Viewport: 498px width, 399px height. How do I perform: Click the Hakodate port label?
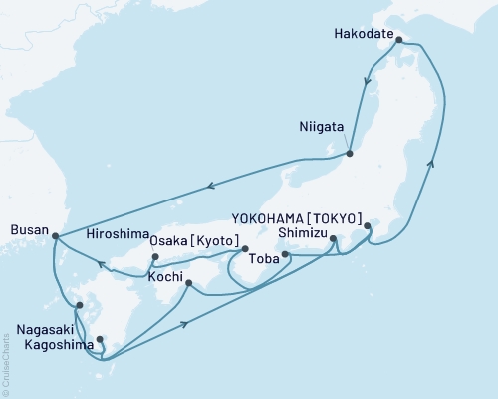(x=364, y=31)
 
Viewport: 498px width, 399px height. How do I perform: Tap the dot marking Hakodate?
(x=398, y=41)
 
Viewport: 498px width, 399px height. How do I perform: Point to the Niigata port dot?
(x=350, y=153)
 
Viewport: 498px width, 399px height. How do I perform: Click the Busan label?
(x=27, y=228)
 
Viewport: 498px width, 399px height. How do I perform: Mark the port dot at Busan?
(x=55, y=236)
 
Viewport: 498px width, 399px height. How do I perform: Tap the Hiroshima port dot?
(x=155, y=258)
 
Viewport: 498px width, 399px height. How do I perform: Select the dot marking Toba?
(x=286, y=255)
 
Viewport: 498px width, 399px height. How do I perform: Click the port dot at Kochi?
(x=188, y=284)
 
